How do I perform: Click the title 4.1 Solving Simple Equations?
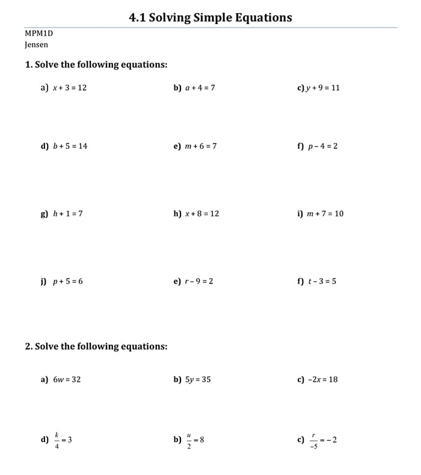210,17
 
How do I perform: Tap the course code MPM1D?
39,34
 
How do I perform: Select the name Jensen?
37,44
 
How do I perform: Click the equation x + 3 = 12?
70,88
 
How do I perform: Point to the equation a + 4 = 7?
200,88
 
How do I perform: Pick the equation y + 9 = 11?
324,88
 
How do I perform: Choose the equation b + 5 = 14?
70,146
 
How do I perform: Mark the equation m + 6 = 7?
200,146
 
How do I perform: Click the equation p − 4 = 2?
323,146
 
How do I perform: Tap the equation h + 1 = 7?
68,214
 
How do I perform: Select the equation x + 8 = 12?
202,214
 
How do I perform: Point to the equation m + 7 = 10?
325,214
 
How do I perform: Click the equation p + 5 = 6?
68,281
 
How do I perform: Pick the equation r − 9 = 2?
199,281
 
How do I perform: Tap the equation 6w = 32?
67,380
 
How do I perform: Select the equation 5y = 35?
198,380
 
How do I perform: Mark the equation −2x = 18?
322,380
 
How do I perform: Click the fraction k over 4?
57,440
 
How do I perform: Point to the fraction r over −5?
313,440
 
